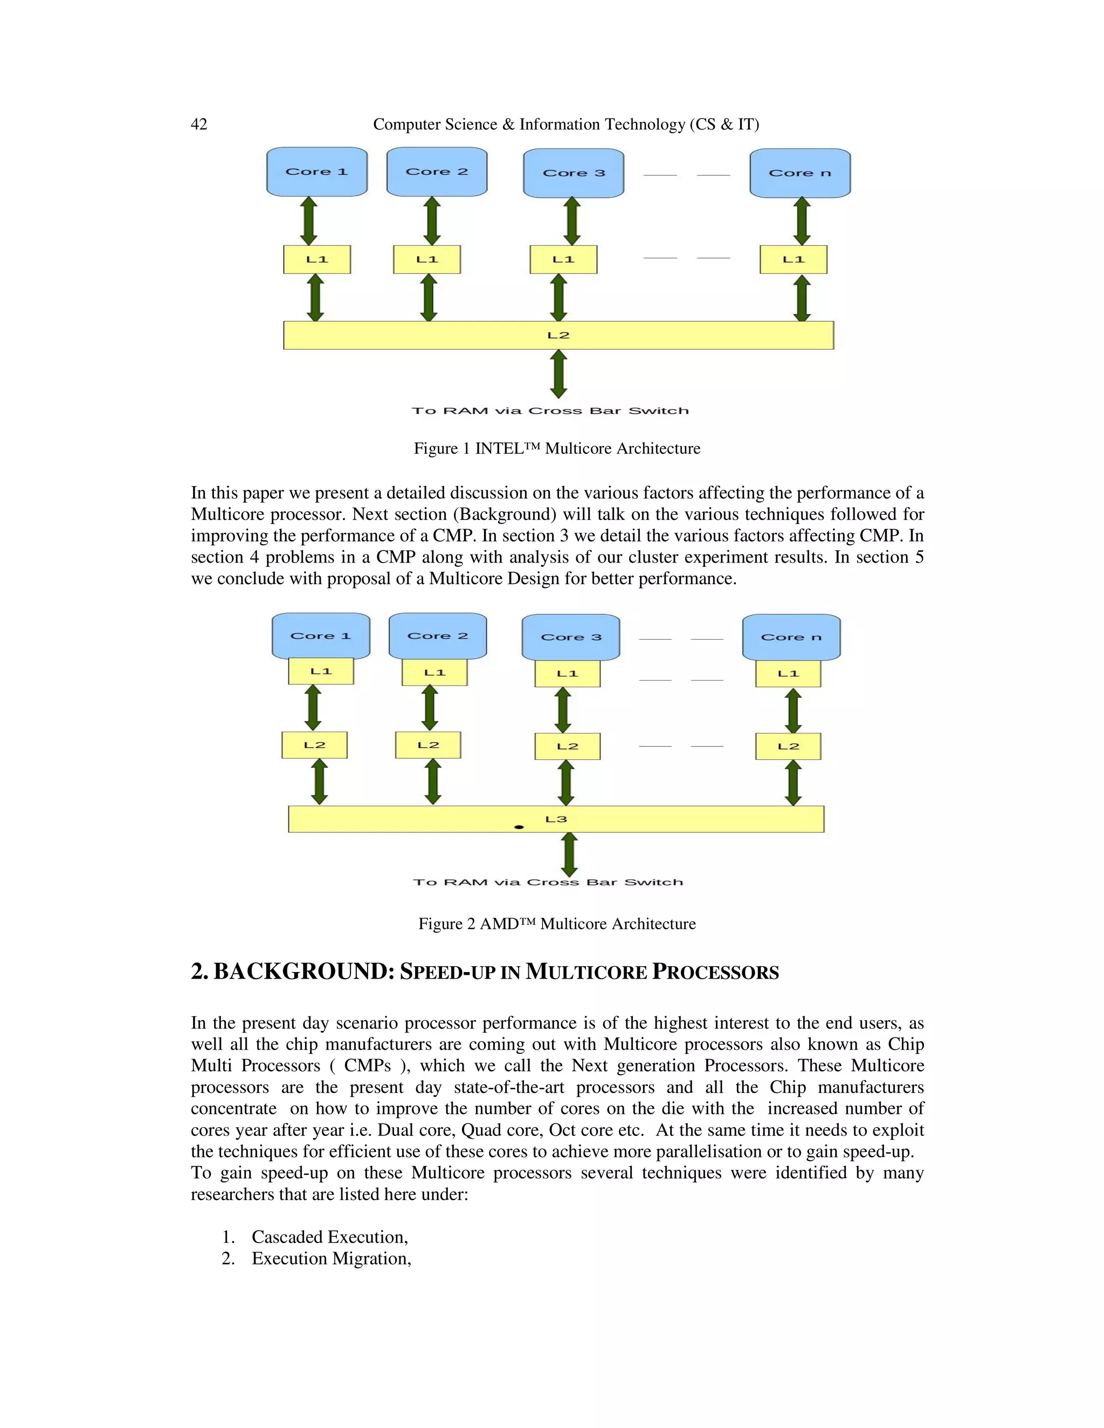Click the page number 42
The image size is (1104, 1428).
point(199,124)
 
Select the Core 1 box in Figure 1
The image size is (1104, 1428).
point(316,171)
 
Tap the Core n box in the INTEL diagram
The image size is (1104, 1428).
point(800,172)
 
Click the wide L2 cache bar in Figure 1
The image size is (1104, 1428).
point(558,335)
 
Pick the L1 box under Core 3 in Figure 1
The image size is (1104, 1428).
point(563,260)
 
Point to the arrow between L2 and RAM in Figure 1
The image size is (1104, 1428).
point(558,373)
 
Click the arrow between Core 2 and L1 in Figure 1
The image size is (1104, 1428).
point(432,221)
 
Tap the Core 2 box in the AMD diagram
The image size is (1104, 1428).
point(438,635)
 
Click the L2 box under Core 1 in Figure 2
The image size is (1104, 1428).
point(315,745)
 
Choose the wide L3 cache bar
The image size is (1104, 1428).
point(556,819)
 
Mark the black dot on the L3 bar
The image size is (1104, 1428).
point(519,827)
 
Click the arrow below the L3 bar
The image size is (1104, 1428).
point(570,854)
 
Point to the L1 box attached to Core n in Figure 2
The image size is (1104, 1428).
point(788,674)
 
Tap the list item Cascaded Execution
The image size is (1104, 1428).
point(329,1237)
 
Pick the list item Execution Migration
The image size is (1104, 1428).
point(331,1259)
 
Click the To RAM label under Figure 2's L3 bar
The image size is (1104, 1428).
point(548,882)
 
